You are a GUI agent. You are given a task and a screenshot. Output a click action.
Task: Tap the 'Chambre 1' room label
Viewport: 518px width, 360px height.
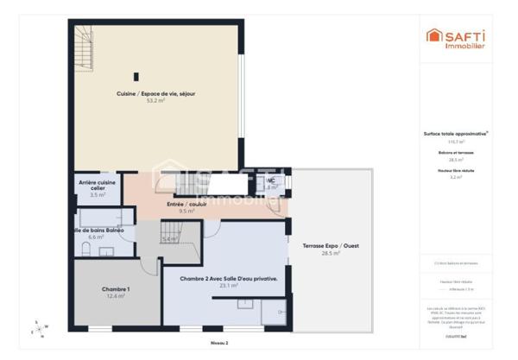click(116, 289)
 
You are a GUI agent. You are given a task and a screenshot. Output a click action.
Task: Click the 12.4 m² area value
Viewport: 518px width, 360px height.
click(116, 296)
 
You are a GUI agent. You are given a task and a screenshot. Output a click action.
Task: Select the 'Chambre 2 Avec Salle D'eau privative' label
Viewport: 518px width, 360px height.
click(229, 279)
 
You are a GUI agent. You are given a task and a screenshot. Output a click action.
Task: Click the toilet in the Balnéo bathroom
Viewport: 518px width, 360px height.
click(85, 249)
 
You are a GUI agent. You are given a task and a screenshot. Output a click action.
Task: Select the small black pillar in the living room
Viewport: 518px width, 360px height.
click(136, 76)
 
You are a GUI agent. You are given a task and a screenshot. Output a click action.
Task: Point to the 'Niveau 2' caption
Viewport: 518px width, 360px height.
click(218, 343)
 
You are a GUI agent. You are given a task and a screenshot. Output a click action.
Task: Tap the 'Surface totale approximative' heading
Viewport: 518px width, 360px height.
click(456, 134)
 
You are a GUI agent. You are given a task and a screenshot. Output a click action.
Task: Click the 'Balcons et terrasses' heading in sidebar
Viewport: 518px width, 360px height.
click(456, 153)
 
